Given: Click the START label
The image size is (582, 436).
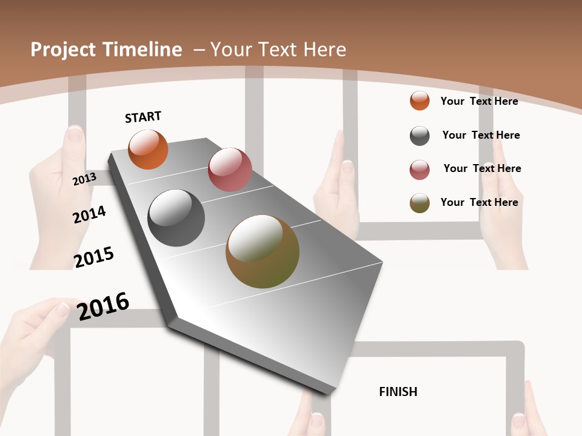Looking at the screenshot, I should pyautogui.click(x=143, y=117).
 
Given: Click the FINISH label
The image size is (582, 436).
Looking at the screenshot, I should pyautogui.click(x=398, y=392).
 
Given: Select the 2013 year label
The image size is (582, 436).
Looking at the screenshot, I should pyautogui.click(x=84, y=179).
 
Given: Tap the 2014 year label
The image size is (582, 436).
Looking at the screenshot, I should pyautogui.click(x=89, y=214).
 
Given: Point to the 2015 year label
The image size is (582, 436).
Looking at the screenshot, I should pyautogui.click(x=94, y=257).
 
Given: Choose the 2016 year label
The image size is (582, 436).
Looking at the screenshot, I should pyautogui.click(x=103, y=306).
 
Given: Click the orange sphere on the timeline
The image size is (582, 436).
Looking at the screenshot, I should pyautogui.click(x=148, y=150).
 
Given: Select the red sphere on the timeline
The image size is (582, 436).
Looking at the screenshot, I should pyautogui.click(x=230, y=170).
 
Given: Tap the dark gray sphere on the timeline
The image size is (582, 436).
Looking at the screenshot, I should pyautogui.click(x=176, y=218).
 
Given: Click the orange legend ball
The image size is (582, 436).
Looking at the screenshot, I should pyautogui.click(x=420, y=101).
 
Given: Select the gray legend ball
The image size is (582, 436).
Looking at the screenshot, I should pyautogui.click(x=420, y=136).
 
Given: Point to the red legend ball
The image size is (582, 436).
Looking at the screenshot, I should pyautogui.click(x=420, y=170).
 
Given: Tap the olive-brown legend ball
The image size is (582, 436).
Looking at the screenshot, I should pyautogui.click(x=420, y=203).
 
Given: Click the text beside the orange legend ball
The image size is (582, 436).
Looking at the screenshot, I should pyautogui.click(x=479, y=101).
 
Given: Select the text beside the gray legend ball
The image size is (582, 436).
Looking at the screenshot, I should pyautogui.click(x=481, y=135).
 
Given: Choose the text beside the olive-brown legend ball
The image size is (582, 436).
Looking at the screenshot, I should pyautogui.click(x=479, y=202).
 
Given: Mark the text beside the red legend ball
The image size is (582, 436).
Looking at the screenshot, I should pyautogui.click(x=482, y=168).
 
